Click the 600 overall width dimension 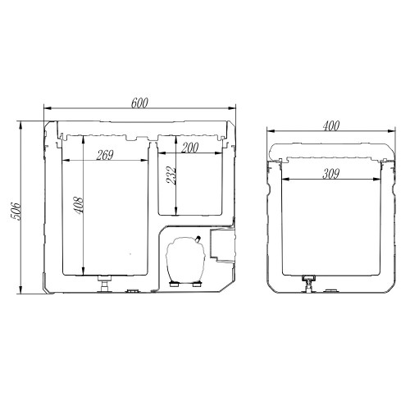tap(139, 102)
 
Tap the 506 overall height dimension tap(15, 212)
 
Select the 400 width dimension tap(331, 125)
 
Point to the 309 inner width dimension tap(331, 174)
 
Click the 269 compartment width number tap(105, 155)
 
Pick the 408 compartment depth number tap(78, 205)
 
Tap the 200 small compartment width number tap(189, 148)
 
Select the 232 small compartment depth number tap(171, 176)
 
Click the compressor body tap(186, 260)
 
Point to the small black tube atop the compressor tap(198, 239)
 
